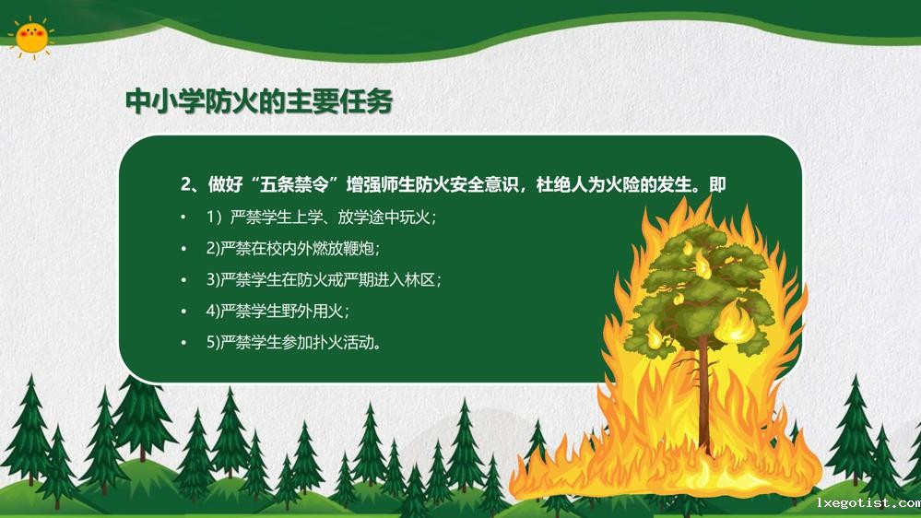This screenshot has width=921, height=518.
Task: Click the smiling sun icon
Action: (x=31, y=37)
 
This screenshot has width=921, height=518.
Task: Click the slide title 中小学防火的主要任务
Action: (x=259, y=101)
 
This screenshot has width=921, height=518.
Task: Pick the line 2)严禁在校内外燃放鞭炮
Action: (x=293, y=249)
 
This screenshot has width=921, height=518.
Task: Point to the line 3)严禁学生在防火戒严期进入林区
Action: (x=324, y=279)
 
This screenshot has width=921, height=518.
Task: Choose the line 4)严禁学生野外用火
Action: (x=277, y=311)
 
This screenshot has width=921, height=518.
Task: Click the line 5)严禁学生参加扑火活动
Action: (x=293, y=342)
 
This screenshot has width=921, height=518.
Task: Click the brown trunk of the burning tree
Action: (x=703, y=387)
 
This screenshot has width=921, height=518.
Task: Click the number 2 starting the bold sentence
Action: (x=185, y=184)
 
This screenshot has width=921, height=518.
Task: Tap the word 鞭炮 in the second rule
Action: (x=361, y=249)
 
